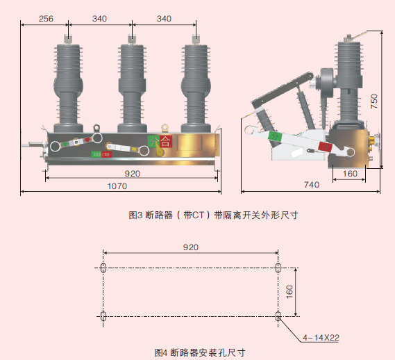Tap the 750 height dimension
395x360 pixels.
click(374, 101)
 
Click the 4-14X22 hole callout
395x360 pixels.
click(321, 338)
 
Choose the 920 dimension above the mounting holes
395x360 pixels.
click(191, 247)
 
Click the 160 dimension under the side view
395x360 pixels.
click(350, 174)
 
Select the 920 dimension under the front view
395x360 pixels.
click(133, 173)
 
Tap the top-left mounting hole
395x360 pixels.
click(103, 268)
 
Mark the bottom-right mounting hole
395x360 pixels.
click(278, 317)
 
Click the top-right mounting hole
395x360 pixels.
click(278, 268)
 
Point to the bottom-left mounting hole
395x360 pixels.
click(103, 317)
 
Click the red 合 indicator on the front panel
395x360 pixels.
click(165, 142)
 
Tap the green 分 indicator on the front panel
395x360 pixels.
click(153, 142)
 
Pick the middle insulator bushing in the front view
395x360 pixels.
click(132, 83)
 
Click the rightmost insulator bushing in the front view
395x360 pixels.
click(196, 83)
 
